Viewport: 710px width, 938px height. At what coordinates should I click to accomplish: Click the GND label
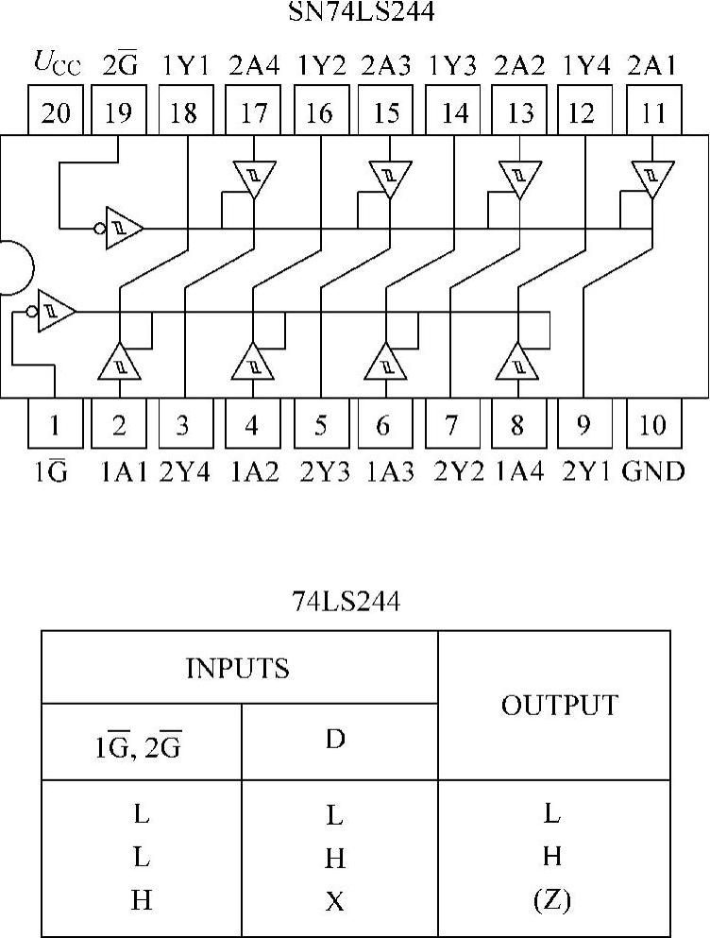pos(653,469)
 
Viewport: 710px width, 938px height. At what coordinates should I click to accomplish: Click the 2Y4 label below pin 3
pos(185,469)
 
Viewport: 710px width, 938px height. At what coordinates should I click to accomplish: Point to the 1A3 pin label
pos(384,469)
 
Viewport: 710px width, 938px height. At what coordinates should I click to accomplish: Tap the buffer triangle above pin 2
pos(120,362)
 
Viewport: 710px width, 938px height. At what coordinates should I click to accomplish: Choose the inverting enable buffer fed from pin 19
pos(122,228)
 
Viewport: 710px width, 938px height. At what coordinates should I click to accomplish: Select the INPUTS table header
pos(238,669)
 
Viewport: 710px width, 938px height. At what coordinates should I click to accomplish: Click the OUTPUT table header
pos(554,706)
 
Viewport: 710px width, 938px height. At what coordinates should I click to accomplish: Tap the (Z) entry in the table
pos(552,901)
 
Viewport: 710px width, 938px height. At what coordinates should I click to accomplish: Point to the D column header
pos(335,740)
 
